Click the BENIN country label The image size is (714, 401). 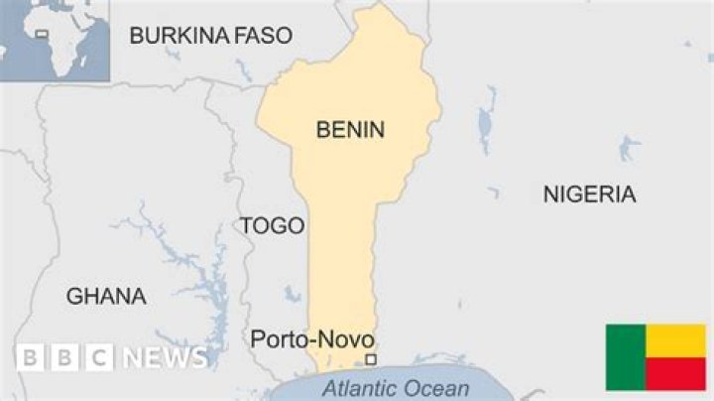[350, 129]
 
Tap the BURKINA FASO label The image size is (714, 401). [211, 37]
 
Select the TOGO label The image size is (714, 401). [272, 226]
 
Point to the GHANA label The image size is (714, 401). [106, 296]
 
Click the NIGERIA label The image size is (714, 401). [589, 195]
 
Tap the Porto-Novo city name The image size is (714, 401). [311, 339]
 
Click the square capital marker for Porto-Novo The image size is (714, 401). [371, 359]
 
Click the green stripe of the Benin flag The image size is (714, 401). [626, 357]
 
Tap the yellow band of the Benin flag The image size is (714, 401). [675, 340]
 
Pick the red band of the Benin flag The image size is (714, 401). [675, 374]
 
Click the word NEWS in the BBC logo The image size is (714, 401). [166, 358]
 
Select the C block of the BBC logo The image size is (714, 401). [98, 358]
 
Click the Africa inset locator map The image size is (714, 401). [55, 40]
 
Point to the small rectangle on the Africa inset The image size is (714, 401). [42, 34]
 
